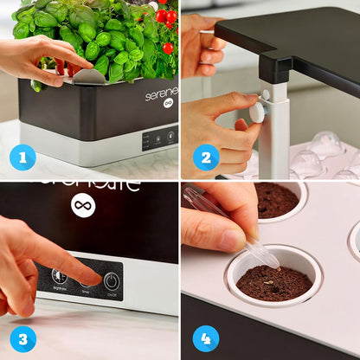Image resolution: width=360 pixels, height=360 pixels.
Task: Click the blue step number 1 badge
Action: click(22, 157)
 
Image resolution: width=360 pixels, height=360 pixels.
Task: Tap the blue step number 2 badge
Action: click(205, 157)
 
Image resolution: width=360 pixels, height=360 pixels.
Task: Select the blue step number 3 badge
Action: click(22, 337)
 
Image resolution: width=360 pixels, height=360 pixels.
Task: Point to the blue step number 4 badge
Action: click(205, 337)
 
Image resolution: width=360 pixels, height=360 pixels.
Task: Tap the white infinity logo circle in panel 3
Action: click(83, 205)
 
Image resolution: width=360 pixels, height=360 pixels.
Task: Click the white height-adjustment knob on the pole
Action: click(257, 112)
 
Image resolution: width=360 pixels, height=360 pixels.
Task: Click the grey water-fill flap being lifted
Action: click(90, 76)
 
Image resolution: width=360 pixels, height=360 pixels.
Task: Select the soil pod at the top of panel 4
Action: click(276, 200)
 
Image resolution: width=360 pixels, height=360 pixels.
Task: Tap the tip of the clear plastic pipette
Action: click(275, 264)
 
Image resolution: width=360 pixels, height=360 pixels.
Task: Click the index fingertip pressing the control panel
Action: click(95, 279)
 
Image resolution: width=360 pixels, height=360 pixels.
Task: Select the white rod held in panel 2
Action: click(275, 138)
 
